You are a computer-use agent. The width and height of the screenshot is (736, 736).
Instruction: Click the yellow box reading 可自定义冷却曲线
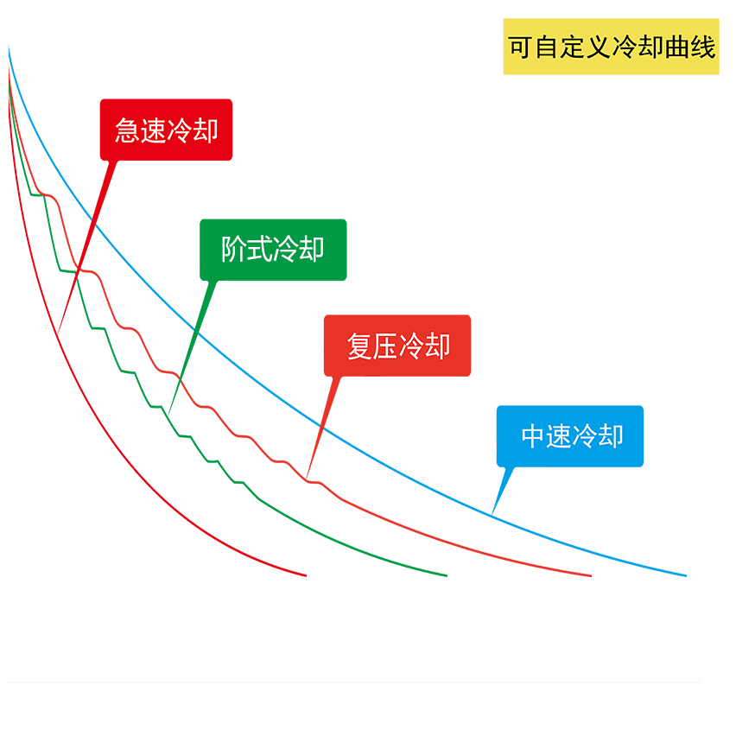click(x=611, y=47)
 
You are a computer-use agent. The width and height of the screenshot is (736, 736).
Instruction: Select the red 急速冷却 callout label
click(x=166, y=130)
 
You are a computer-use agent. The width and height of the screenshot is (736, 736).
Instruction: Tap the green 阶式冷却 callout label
click(x=273, y=250)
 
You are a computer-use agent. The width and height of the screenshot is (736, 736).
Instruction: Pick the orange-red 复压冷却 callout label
click(x=397, y=346)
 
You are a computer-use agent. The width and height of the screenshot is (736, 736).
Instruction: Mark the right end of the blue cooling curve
click(x=685, y=574)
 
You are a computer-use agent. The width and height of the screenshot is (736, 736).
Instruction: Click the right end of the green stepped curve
click(x=447, y=574)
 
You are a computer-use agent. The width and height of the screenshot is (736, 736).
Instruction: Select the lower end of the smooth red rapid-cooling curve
click(x=306, y=574)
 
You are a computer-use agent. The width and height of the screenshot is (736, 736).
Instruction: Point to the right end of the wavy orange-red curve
click(x=591, y=574)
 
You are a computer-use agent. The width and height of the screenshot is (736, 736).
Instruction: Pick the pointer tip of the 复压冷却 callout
click(x=306, y=478)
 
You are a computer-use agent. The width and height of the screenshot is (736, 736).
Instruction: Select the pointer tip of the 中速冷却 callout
click(x=492, y=516)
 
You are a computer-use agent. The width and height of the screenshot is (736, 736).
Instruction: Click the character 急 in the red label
click(x=128, y=130)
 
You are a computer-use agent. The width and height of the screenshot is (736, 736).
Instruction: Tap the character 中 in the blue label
click(x=533, y=435)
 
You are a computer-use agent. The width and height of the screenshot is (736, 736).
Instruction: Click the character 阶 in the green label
click(x=233, y=250)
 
